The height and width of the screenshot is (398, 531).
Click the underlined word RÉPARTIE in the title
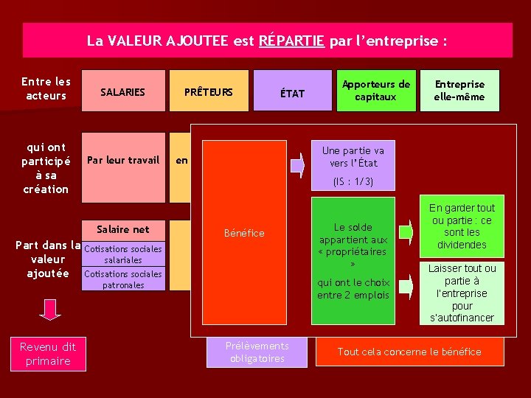(x=292, y=41)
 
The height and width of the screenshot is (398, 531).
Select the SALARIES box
(x=123, y=91)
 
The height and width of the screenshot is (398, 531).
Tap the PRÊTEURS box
(x=209, y=91)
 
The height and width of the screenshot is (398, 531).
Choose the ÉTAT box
(x=293, y=91)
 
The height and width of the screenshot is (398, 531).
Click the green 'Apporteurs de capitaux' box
(x=375, y=91)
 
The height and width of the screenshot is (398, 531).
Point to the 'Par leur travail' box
(x=123, y=160)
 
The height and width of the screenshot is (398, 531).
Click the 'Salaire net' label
(x=123, y=229)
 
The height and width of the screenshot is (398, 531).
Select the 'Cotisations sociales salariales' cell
(x=123, y=254)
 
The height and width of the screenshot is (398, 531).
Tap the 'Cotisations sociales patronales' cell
(x=123, y=279)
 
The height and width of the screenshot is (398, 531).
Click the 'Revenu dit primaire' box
(x=48, y=354)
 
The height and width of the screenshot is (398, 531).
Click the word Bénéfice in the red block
(x=245, y=233)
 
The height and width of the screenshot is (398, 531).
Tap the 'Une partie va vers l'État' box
(x=353, y=156)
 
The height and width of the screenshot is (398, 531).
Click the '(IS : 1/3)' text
(x=353, y=181)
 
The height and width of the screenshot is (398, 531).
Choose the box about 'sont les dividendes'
(x=462, y=226)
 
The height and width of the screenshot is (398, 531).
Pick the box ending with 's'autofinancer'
(x=462, y=293)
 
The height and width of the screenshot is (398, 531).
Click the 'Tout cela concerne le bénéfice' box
(x=409, y=352)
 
